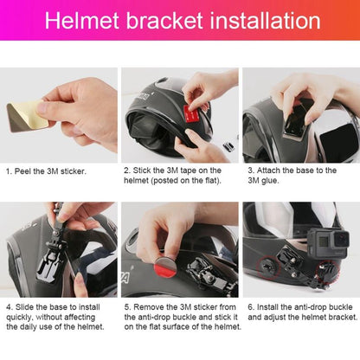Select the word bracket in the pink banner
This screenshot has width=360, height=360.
pos(164,21)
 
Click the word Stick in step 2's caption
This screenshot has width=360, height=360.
pos(144,170)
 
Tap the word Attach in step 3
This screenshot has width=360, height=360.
pos(267,170)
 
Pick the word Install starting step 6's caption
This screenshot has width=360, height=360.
pos(268,305)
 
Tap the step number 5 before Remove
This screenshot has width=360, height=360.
pos(126,305)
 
